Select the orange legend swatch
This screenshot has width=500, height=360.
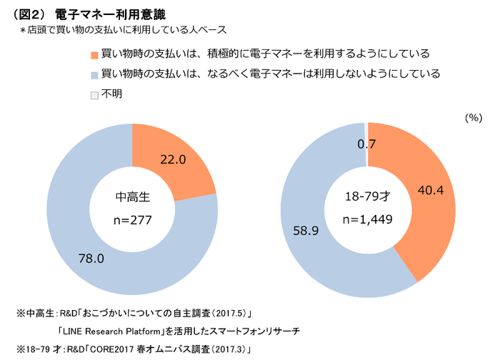94,55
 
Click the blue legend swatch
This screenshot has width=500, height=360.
94,74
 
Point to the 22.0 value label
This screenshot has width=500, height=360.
173,160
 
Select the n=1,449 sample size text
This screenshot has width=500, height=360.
366,219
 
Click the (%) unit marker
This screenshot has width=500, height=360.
474,118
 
